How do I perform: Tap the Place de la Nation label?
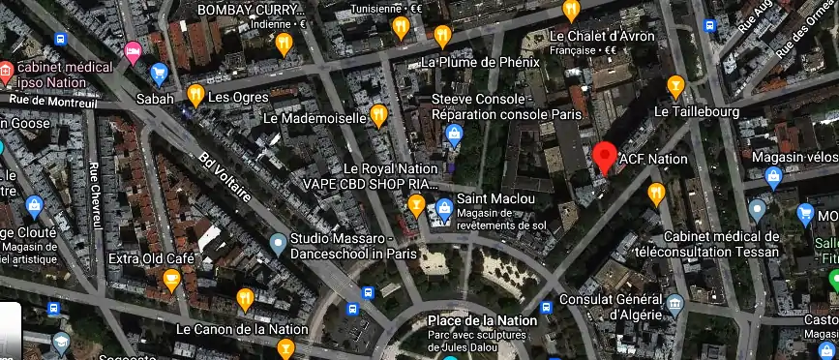click(x=481, y=320)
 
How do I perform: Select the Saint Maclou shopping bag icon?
click(x=443, y=207)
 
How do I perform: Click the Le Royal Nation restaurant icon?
click(x=416, y=204)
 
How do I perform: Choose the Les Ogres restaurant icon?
click(x=195, y=95)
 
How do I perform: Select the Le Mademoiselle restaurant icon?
click(x=378, y=116)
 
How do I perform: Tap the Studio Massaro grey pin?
click(x=279, y=242)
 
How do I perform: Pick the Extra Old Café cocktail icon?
click(x=172, y=281)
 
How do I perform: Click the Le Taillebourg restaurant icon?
click(x=676, y=87)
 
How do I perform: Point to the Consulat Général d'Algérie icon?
click(x=675, y=306)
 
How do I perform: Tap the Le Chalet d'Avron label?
click(x=601, y=37)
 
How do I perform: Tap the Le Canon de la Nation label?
click(x=242, y=329)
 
